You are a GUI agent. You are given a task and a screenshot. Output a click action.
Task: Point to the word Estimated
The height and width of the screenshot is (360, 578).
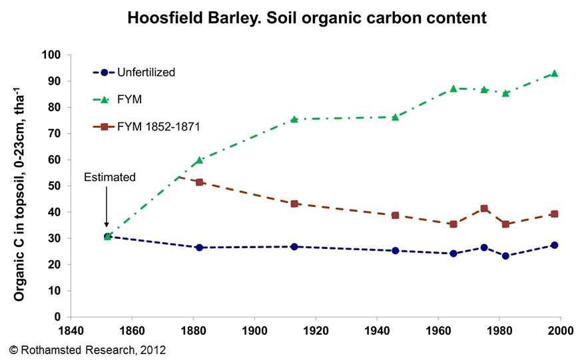(x=109, y=177)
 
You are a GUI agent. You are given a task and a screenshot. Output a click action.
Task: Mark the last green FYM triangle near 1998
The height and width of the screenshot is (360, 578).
(x=554, y=74)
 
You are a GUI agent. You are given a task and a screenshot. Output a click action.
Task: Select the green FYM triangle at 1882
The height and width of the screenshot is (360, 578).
(x=199, y=160)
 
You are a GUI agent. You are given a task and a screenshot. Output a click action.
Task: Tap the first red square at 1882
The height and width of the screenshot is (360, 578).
(x=199, y=182)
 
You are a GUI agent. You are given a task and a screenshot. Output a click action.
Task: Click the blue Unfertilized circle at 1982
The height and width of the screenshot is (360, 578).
(x=505, y=256)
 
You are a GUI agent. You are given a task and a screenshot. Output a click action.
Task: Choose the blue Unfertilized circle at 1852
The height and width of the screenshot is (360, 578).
(x=107, y=236)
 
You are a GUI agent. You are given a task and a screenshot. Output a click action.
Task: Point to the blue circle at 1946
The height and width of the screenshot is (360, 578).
(x=396, y=251)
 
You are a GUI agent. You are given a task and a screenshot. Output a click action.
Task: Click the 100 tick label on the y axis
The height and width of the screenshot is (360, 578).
(x=51, y=55)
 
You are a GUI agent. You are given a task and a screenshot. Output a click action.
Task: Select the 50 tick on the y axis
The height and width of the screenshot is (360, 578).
(x=54, y=186)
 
